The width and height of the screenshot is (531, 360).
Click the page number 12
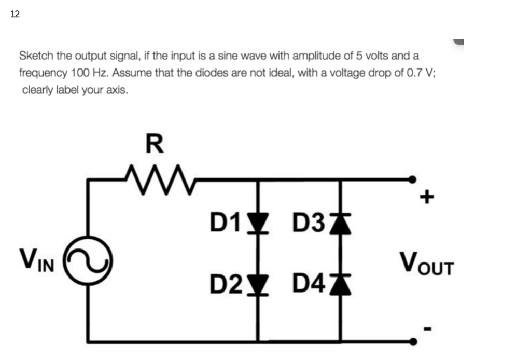pyautogui.click(x=15, y=14)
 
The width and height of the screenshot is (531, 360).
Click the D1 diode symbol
pyautogui.click(x=258, y=223)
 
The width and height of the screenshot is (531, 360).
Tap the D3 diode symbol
pyautogui.click(x=341, y=223)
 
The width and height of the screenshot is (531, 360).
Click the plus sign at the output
pyautogui.click(x=427, y=197)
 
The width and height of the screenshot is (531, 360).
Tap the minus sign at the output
pyautogui.click(x=427, y=327)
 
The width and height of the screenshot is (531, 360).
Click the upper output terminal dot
pyautogui.click(x=413, y=179)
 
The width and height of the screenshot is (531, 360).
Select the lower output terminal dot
pyautogui.click(x=413, y=342)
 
